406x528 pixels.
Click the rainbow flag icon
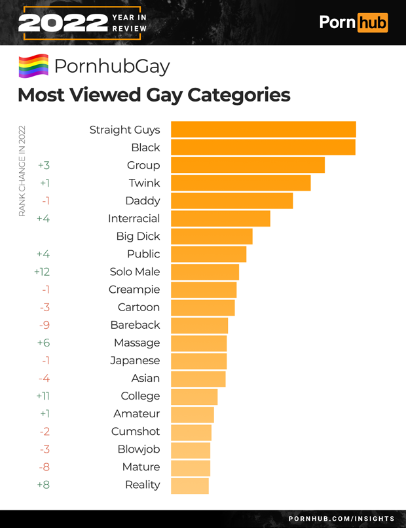pos(33,66)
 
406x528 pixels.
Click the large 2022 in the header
pos(63,24)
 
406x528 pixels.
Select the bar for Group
pos(248,165)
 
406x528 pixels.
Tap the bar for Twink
pos(240,183)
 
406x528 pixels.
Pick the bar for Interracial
pos(220,218)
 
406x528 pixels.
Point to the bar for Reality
pos(189,485)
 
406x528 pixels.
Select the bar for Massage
pos(198,343)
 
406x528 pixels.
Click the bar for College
pos(194,396)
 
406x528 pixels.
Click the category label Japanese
pos(135,360)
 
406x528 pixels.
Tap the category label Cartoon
pos(139,307)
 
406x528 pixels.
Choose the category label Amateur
pos(136,413)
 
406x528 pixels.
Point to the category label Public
pos(143,254)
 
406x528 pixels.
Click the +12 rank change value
pos(42,271)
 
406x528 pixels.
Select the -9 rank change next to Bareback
pos(45,325)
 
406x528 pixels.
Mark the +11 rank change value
pos(43,396)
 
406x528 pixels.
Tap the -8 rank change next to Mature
pos(44,467)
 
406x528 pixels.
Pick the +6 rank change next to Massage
pos(43,343)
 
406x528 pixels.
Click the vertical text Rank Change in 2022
pos(22,171)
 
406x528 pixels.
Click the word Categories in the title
pos(238,95)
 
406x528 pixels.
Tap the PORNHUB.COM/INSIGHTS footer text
pos(341,519)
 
